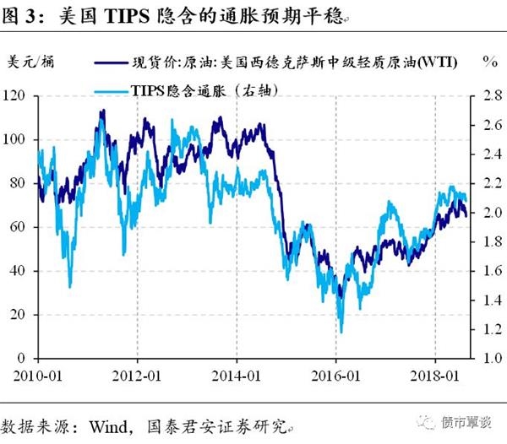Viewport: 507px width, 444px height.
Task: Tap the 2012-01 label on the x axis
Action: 138,373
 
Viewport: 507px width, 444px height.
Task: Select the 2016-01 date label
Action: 335,373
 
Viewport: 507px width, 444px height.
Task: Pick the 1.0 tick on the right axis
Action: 482,358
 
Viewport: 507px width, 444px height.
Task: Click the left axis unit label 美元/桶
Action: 33,62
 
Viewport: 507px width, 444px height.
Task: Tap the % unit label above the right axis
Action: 488,62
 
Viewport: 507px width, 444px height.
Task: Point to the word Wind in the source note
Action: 117,420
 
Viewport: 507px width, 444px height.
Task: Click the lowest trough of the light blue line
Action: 341,333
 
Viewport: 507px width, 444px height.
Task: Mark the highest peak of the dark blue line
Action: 102,111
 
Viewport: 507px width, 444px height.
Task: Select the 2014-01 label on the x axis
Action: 237,373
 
